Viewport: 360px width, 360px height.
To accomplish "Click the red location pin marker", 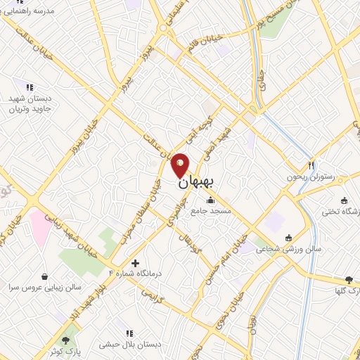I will [180, 164].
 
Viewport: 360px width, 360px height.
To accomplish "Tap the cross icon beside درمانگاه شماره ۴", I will [135, 263].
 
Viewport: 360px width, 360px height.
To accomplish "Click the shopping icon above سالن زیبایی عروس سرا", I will [45, 276].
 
